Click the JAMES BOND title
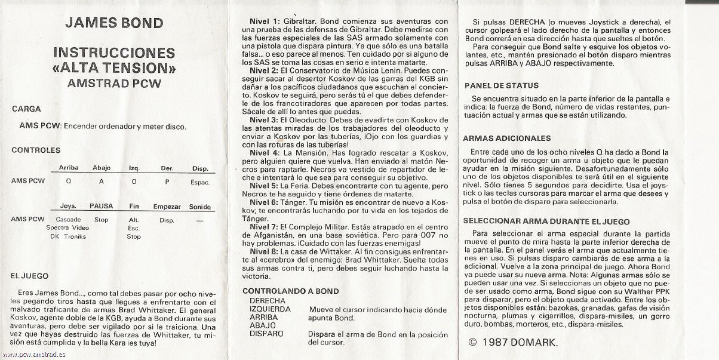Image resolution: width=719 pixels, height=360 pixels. coord(113,23)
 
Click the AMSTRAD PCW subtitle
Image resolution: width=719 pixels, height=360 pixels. coord(114,83)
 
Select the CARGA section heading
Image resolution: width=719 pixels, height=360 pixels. coord(26,109)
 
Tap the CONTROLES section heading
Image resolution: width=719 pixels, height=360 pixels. coord(36,150)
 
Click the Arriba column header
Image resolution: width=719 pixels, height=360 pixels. coord(69,168)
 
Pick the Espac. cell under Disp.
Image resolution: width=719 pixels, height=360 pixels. coord(200,182)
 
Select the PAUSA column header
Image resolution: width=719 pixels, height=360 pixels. coord(101,207)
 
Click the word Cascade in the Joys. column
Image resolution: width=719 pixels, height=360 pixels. coord(68,220)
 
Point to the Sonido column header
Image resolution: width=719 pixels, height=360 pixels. coord(200,207)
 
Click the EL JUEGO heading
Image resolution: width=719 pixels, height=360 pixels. coord(30,276)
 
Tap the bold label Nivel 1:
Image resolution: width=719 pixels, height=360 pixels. coord(264,21)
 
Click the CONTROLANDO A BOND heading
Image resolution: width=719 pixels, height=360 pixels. coord(290,291)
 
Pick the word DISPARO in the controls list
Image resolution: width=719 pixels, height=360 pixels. coord(266,334)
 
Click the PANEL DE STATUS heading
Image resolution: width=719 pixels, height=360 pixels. coord(501,86)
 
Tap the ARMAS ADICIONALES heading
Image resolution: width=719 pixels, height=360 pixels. coord(507,139)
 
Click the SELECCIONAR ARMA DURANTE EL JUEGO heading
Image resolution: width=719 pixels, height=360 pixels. coord(546,221)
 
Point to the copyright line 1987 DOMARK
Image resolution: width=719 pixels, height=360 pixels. coord(512,343)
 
